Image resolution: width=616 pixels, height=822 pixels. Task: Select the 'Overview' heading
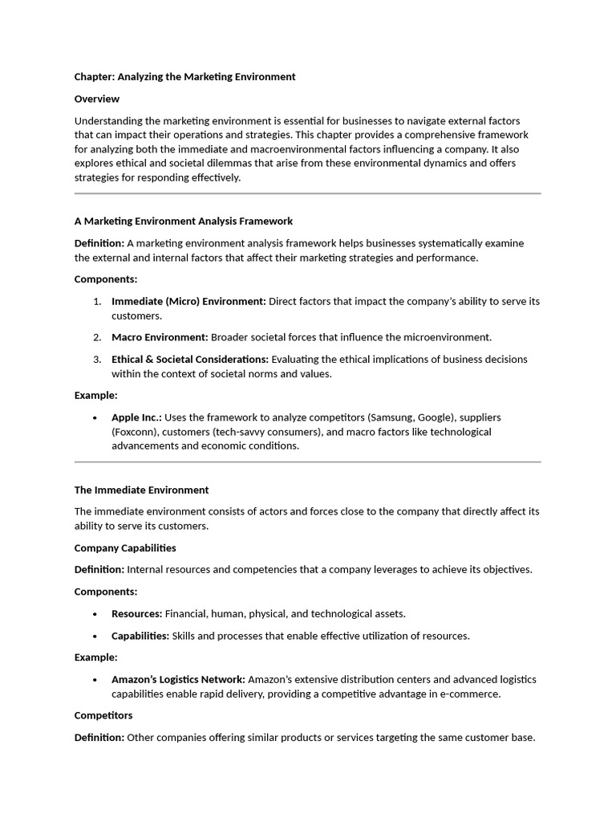click(x=97, y=99)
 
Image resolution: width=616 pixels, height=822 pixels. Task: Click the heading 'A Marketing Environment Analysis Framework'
click(x=184, y=221)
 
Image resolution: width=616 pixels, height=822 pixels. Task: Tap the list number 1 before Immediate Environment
click(x=96, y=302)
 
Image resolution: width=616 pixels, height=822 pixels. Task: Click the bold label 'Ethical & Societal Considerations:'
click(x=190, y=360)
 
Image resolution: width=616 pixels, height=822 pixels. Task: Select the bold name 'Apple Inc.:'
click(x=136, y=417)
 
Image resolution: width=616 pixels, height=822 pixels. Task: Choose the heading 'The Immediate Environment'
click(x=141, y=490)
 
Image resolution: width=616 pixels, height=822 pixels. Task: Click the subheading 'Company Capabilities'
click(x=125, y=548)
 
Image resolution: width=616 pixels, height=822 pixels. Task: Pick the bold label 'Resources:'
click(x=136, y=614)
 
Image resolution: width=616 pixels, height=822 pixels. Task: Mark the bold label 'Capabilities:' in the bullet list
click(x=140, y=636)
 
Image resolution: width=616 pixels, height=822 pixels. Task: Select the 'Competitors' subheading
click(x=103, y=715)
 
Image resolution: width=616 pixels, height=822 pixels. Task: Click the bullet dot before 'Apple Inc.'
click(x=95, y=418)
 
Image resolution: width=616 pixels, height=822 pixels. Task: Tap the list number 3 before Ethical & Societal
click(x=96, y=360)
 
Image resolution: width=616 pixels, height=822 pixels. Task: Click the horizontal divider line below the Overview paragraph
click(x=307, y=193)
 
